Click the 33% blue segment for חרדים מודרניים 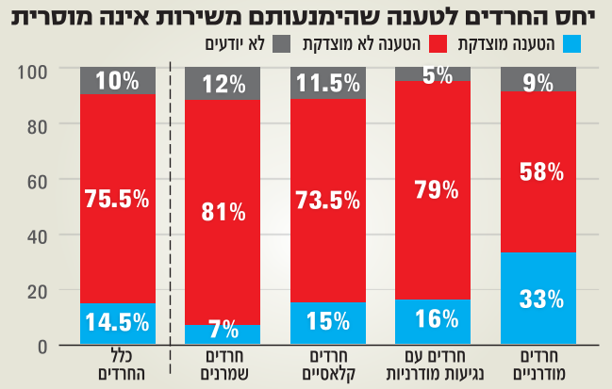pyautogui.click(x=540, y=300)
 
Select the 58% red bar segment pyautogui.click(x=540, y=172)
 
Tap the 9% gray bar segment pyautogui.click(x=540, y=79)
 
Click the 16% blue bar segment pyautogui.click(x=435, y=322)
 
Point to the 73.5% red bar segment pyautogui.click(x=329, y=201)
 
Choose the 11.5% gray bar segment pyautogui.click(x=329, y=84)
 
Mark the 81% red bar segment pyautogui.click(x=223, y=212)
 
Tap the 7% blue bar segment pyautogui.click(x=223, y=335)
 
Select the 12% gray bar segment pyautogui.click(x=223, y=84)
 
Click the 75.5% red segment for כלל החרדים pyautogui.click(x=118, y=198)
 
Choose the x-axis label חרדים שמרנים pyautogui.click(x=223, y=365)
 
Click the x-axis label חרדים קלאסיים pyautogui.click(x=329, y=365)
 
